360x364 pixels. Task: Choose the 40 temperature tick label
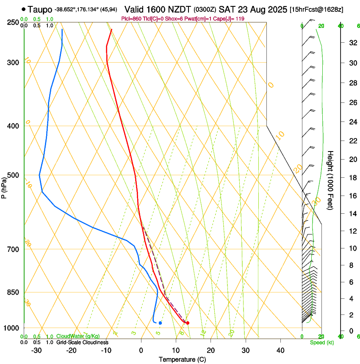coord(280,350)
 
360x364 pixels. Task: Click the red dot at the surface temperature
coord(188,323)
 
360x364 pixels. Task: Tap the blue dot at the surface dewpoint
coord(160,323)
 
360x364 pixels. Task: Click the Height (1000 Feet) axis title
coord(330,180)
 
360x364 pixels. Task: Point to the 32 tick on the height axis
coord(352,43)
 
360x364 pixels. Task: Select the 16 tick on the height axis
coord(352,196)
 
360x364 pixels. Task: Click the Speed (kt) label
coord(322,342)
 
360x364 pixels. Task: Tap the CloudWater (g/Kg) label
coord(78,336)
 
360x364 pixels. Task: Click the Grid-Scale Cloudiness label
coord(83,342)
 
